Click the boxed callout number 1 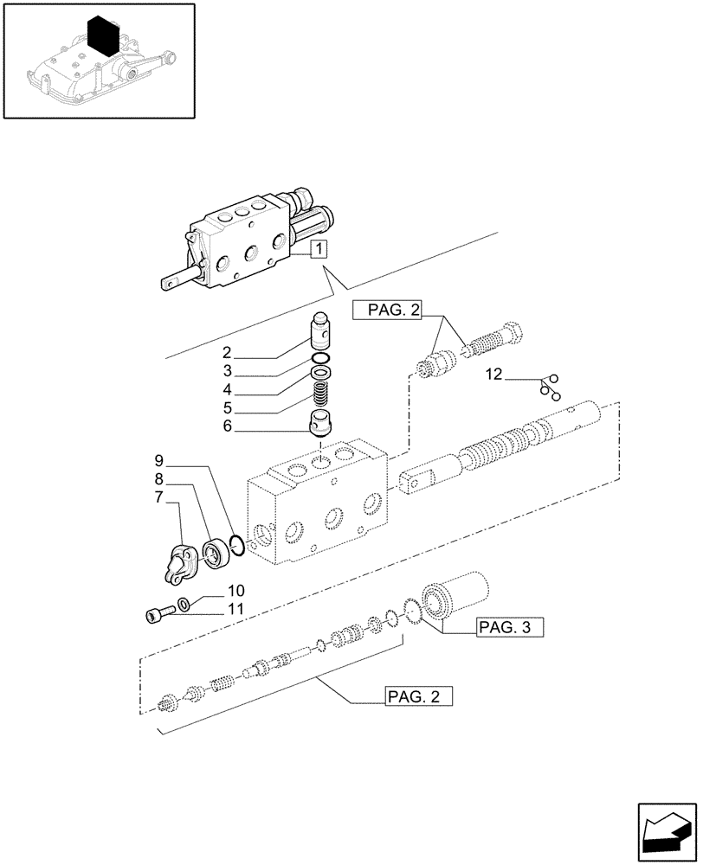(319, 250)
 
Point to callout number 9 (159, 459)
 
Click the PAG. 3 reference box (509, 628)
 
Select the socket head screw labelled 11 (156, 615)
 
